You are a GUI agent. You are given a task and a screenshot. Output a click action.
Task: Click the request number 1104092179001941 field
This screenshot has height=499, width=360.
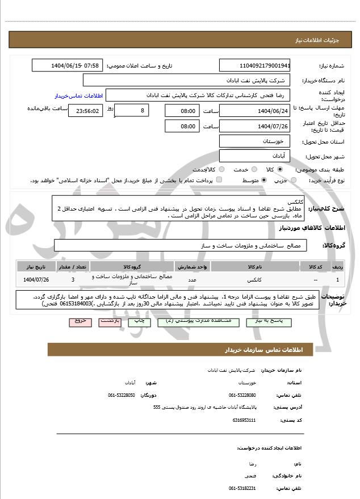(255, 65)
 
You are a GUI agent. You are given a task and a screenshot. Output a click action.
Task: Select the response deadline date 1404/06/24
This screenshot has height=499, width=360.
(255, 110)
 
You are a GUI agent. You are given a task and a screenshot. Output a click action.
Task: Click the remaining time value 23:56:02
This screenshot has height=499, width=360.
(86, 111)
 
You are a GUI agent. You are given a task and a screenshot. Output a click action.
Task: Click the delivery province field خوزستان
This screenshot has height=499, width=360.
(255, 140)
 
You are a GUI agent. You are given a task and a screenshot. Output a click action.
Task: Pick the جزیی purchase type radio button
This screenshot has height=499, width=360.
(293, 181)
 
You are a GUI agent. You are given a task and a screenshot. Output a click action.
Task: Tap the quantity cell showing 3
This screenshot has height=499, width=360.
(73, 279)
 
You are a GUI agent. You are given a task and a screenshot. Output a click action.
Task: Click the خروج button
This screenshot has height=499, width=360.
(79, 321)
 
